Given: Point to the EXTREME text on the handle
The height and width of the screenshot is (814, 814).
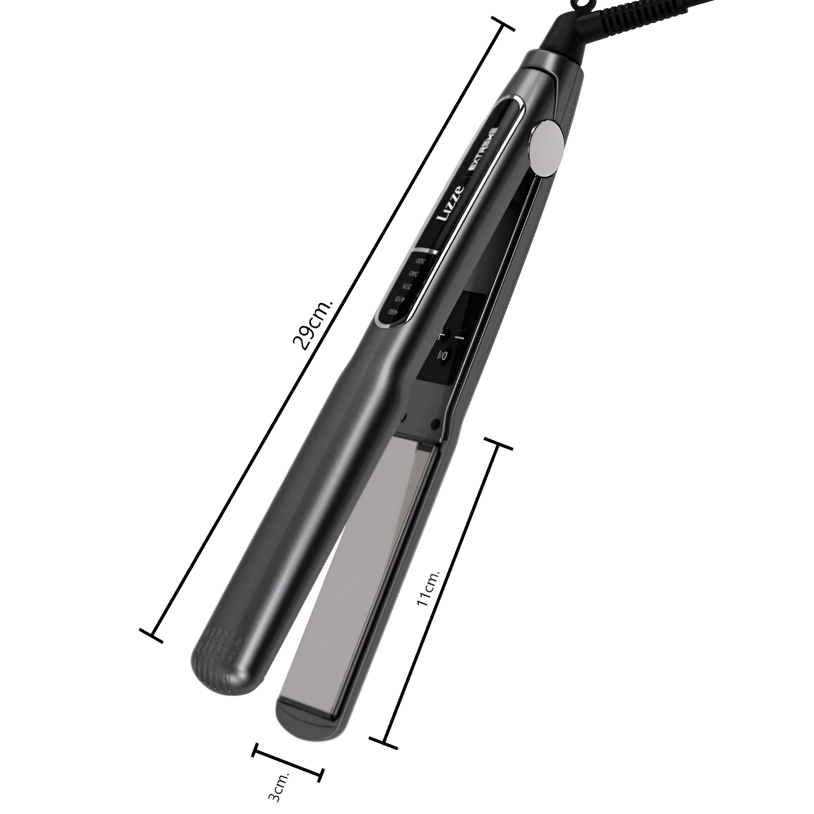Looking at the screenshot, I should [x=482, y=150].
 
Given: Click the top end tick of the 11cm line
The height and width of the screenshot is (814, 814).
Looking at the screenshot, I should [x=497, y=444].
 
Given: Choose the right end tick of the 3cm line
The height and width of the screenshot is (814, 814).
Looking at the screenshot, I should [x=320, y=774].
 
